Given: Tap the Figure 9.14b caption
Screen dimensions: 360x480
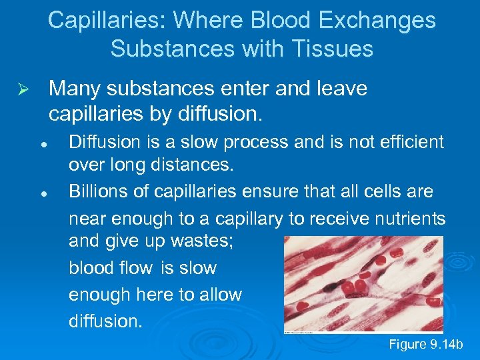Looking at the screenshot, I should coord(425,345).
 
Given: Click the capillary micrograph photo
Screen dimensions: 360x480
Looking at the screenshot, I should coord(363,285).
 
